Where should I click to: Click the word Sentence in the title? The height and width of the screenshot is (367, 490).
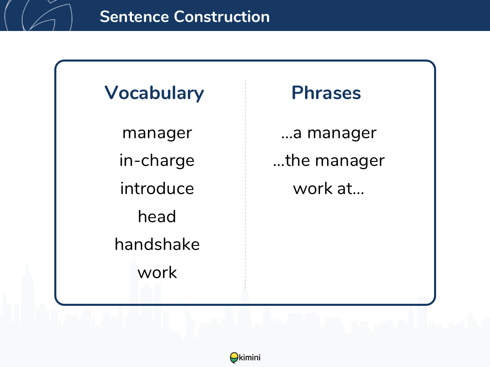pos(134,17)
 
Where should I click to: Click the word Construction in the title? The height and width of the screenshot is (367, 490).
pos(222,17)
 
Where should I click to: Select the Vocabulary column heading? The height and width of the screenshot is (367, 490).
pos(154,93)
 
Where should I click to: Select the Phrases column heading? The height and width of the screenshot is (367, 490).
pos(326,93)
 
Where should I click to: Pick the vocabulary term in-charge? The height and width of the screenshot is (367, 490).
pos(157,160)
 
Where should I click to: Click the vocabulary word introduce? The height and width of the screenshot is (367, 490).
pos(157,188)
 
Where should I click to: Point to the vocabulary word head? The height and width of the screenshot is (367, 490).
pos(157,216)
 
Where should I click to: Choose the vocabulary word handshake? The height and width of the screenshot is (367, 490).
pos(157,244)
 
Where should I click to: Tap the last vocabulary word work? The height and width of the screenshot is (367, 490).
pos(157,272)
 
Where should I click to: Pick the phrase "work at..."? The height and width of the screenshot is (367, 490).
pos(328,188)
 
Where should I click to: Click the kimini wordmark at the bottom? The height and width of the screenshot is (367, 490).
pos(249,358)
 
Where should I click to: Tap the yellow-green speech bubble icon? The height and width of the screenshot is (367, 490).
pos(234,358)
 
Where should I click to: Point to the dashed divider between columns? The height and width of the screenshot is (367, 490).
pos(245,184)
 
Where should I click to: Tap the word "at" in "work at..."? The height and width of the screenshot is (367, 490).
pos(345,188)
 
